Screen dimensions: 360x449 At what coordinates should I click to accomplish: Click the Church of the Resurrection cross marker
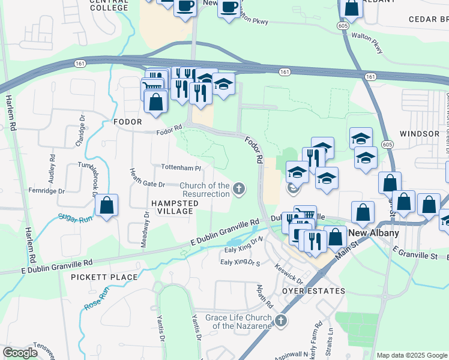[x=239, y=190]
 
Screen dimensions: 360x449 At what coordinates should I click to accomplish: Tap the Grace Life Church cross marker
[x=280, y=322]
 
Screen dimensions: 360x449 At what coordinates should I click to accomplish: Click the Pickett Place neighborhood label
[x=104, y=277]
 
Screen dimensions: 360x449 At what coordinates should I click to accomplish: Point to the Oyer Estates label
[x=313, y=291]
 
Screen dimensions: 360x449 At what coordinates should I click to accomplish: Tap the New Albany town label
[x=374, y=233]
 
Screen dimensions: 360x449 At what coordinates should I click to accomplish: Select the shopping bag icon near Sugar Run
[x=106, y=205]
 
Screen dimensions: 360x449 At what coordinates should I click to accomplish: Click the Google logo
[x=20, y=353]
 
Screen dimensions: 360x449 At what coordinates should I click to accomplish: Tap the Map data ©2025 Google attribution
[x=412, y=355]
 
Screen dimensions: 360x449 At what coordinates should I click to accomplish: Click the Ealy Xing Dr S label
[x=240, y=262]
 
